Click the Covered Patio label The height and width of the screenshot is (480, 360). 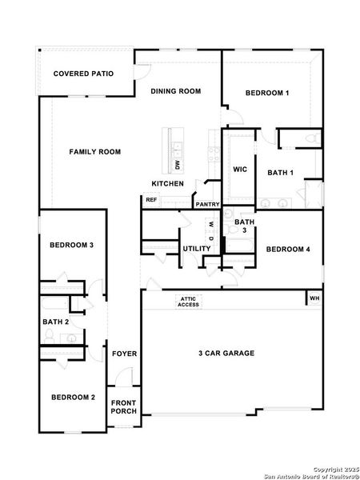[83, 74]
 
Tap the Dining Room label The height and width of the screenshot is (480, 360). [175, 91]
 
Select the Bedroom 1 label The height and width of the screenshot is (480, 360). [267, 94]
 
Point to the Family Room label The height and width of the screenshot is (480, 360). [94, 151]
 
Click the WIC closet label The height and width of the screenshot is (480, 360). [239, 170]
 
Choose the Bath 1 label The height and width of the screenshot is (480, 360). [281, 172]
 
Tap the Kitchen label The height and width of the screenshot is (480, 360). [168, 184]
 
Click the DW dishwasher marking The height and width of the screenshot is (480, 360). [177, 166]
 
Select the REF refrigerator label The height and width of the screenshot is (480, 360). [151, 199]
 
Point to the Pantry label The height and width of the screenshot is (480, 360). [207, 204]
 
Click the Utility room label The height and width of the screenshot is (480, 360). [196, 249]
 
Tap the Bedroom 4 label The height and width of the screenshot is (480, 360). [288, 249]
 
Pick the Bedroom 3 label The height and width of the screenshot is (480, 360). [72, 244]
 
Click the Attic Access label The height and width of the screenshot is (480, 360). [189, 302]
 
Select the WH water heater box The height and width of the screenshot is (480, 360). [314, 298]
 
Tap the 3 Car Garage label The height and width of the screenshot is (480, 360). [226, 353]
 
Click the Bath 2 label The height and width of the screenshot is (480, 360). [56, 322]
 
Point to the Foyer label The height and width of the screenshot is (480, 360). [124, 353]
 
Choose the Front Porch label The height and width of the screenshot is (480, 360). [124, 406]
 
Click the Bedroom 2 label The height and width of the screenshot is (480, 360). [73, 398]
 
